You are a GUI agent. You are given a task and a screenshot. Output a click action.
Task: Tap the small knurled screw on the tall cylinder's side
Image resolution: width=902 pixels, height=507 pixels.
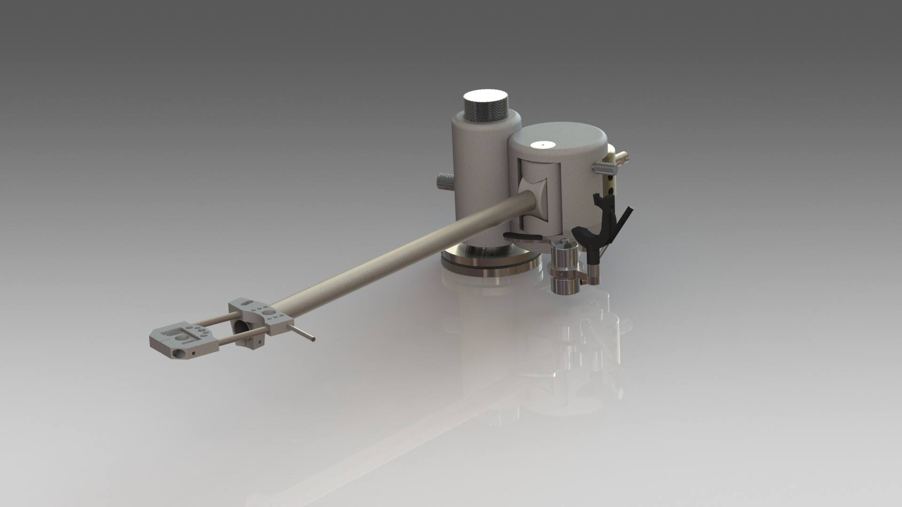pos(444,181)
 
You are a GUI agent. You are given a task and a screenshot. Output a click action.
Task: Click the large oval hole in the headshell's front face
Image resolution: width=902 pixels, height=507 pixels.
pos(178,353)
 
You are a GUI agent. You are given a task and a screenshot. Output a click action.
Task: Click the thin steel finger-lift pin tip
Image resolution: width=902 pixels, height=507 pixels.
pos(313,339)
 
